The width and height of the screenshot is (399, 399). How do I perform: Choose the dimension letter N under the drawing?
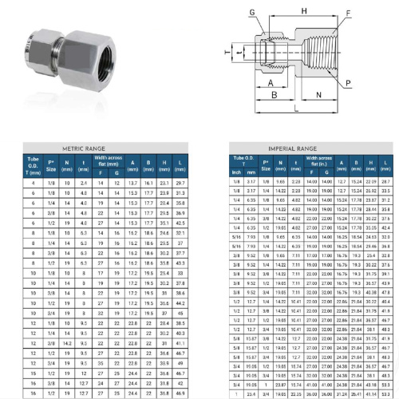pyautogui.click(x=320, y=94)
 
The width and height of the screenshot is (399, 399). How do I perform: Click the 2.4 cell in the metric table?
pyautogui.click(x=85, y=183)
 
